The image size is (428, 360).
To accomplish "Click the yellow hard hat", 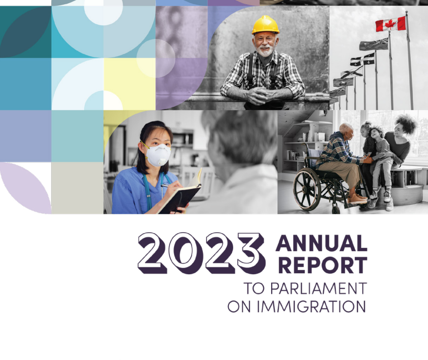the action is coord(265,25).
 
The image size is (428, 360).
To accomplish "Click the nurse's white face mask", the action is coord(158,155).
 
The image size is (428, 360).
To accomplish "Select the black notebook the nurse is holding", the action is coord(179,197).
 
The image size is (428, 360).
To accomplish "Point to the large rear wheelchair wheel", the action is coord(307,189).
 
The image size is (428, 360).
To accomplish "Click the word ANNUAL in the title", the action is coord(321,243).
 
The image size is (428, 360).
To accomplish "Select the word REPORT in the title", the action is coord(323,265).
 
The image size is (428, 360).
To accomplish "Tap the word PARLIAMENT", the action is coord(318,288).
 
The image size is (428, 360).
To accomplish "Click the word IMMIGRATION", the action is coord(311,306).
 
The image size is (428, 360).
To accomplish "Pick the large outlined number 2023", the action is coord(202,253).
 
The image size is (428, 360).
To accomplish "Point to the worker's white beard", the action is coord(265,51).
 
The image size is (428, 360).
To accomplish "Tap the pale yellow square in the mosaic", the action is coord(130,84).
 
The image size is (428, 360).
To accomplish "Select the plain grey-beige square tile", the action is coord(77,188).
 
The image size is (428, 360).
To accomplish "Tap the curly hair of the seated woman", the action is coord(406,124).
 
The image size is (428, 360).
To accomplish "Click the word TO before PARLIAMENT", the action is coord(254,288).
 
